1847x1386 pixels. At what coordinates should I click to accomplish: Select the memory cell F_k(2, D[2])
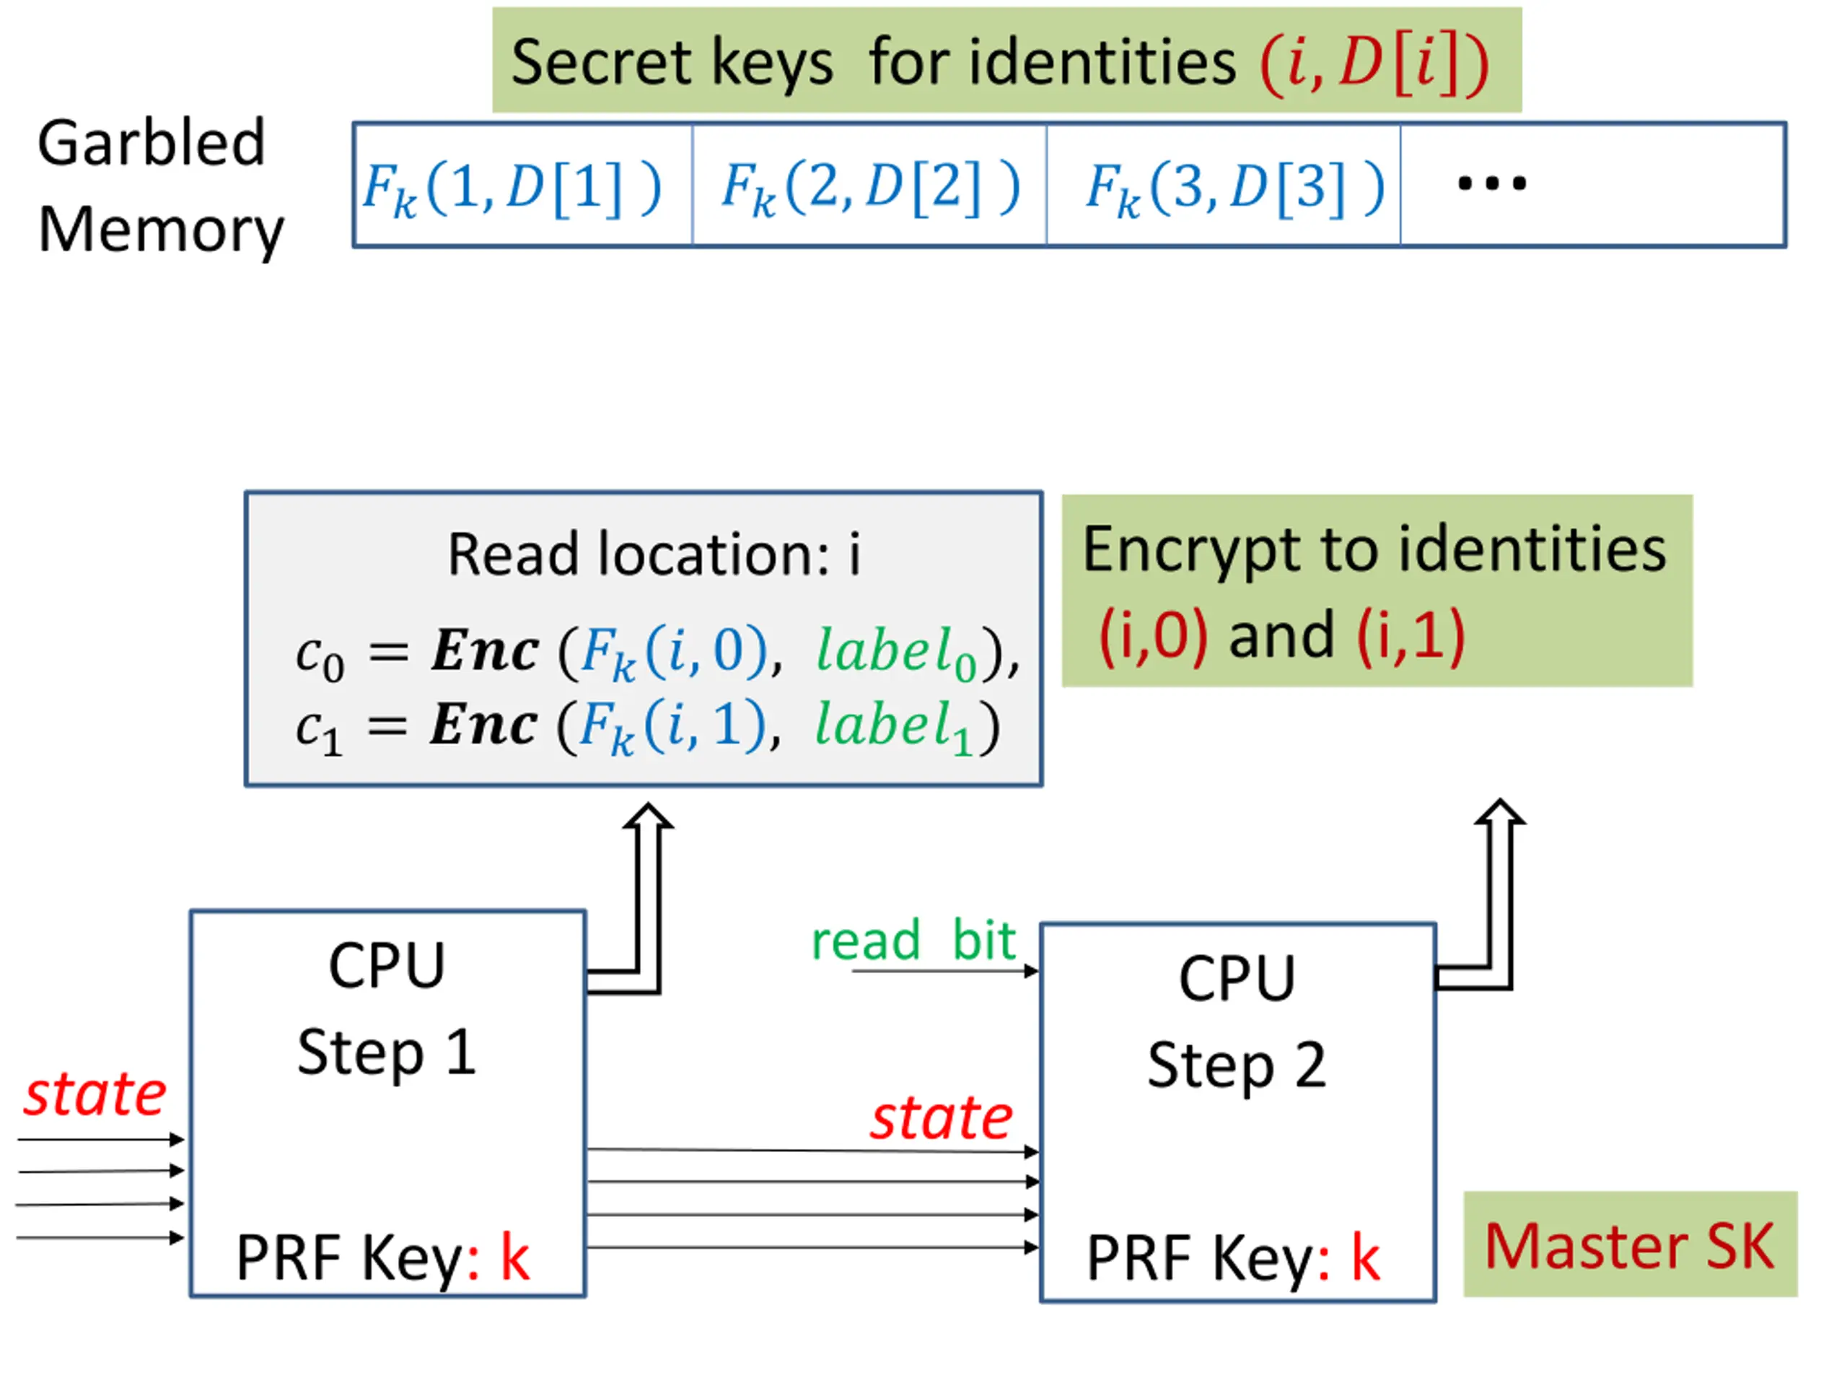click(x=870, y=186)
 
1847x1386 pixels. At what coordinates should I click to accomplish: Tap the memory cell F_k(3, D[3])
click(x=1234, y=186)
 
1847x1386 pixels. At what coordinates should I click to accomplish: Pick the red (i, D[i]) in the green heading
click(x=1374, y=63)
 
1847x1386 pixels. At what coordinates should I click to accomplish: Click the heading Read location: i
click(x=654, y=554)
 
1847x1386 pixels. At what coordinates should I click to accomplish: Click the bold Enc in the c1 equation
click(x=483, y=724)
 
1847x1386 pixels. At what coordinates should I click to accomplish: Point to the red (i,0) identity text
click(x=1153, y=635)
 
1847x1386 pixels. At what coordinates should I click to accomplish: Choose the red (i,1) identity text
click(x=1411, y=635)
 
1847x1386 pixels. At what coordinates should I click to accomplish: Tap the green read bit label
click(x=913, y=940)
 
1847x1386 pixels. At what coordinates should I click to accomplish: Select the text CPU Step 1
click(x=387, y=1008)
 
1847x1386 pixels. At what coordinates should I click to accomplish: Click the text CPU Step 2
click(x=1237, y=1021)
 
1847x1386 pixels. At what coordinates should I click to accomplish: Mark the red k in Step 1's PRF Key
click(x=514, y=1257)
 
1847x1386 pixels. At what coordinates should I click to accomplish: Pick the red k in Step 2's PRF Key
click(x=1365, y=1257)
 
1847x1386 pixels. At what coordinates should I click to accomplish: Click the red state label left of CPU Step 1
click(x=95, y=1094)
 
